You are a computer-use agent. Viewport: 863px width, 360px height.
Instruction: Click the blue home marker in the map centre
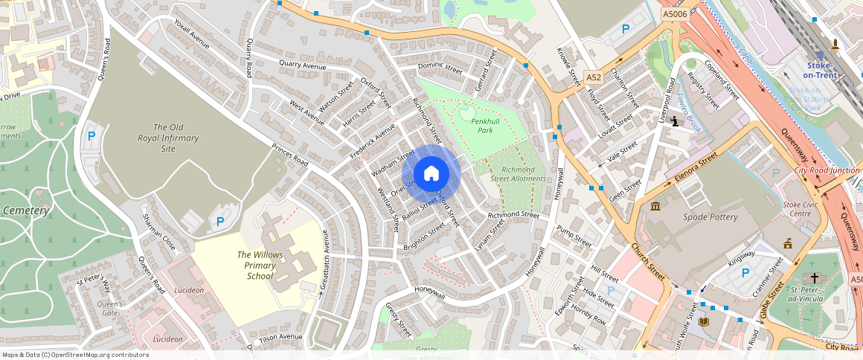431,174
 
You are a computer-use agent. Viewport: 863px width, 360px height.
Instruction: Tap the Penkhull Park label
475,125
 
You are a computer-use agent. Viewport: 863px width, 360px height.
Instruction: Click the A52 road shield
593,77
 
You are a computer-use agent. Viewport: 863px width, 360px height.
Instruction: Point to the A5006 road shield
675,14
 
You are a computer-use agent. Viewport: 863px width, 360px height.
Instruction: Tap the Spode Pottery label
710,217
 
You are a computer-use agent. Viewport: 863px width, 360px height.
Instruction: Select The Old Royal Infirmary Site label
168,138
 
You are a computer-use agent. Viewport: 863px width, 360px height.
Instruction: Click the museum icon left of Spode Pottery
655,206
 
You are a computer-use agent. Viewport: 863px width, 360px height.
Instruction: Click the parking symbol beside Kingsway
745,273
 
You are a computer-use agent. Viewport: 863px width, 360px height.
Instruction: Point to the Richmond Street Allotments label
519,174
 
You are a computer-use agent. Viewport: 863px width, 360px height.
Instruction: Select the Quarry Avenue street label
303,66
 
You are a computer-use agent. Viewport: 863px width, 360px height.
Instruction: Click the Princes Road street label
289,154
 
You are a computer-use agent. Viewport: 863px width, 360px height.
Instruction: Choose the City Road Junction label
826,171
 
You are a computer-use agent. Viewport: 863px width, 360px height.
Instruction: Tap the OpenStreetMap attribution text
74,355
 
